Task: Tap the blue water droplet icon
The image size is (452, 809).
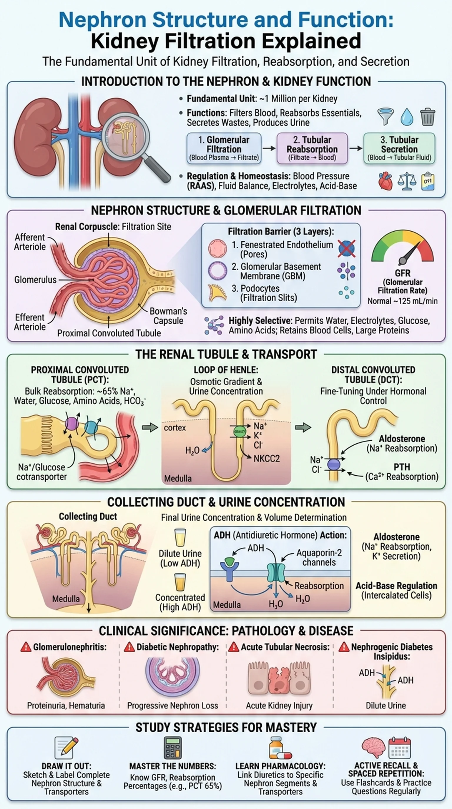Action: tap(406, 117)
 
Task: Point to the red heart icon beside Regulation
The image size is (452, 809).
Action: tap(385, 181)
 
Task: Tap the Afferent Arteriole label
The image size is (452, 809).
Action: tap(30, 242)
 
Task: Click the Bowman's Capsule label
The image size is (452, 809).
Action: tap(168, 316)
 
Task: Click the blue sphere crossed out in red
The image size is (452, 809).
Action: tap(347, 248)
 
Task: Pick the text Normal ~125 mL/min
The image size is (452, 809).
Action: tap(402, 301)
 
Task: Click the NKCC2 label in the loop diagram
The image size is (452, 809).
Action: tap(266, 459)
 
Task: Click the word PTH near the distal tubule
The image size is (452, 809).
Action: tap(402, 467)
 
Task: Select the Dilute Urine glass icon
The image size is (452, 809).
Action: tap(180, 538)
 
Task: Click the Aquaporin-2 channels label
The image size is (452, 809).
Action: tap(319, 557)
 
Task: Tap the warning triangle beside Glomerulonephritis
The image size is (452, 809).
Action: tap(26, 647)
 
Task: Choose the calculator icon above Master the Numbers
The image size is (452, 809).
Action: tap(172, 748)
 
